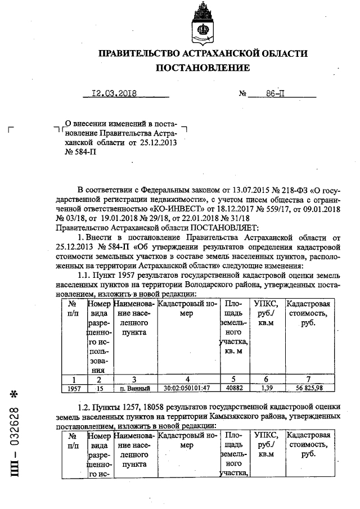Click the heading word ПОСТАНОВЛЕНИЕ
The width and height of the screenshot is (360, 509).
pos(203,68)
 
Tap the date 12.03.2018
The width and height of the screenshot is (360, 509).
pos(114,94)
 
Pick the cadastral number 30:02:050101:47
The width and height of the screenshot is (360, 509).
pos(187,388)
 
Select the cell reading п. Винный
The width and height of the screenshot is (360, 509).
pos(135,388)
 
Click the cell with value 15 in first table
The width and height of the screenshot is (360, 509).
pos(100,388)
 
